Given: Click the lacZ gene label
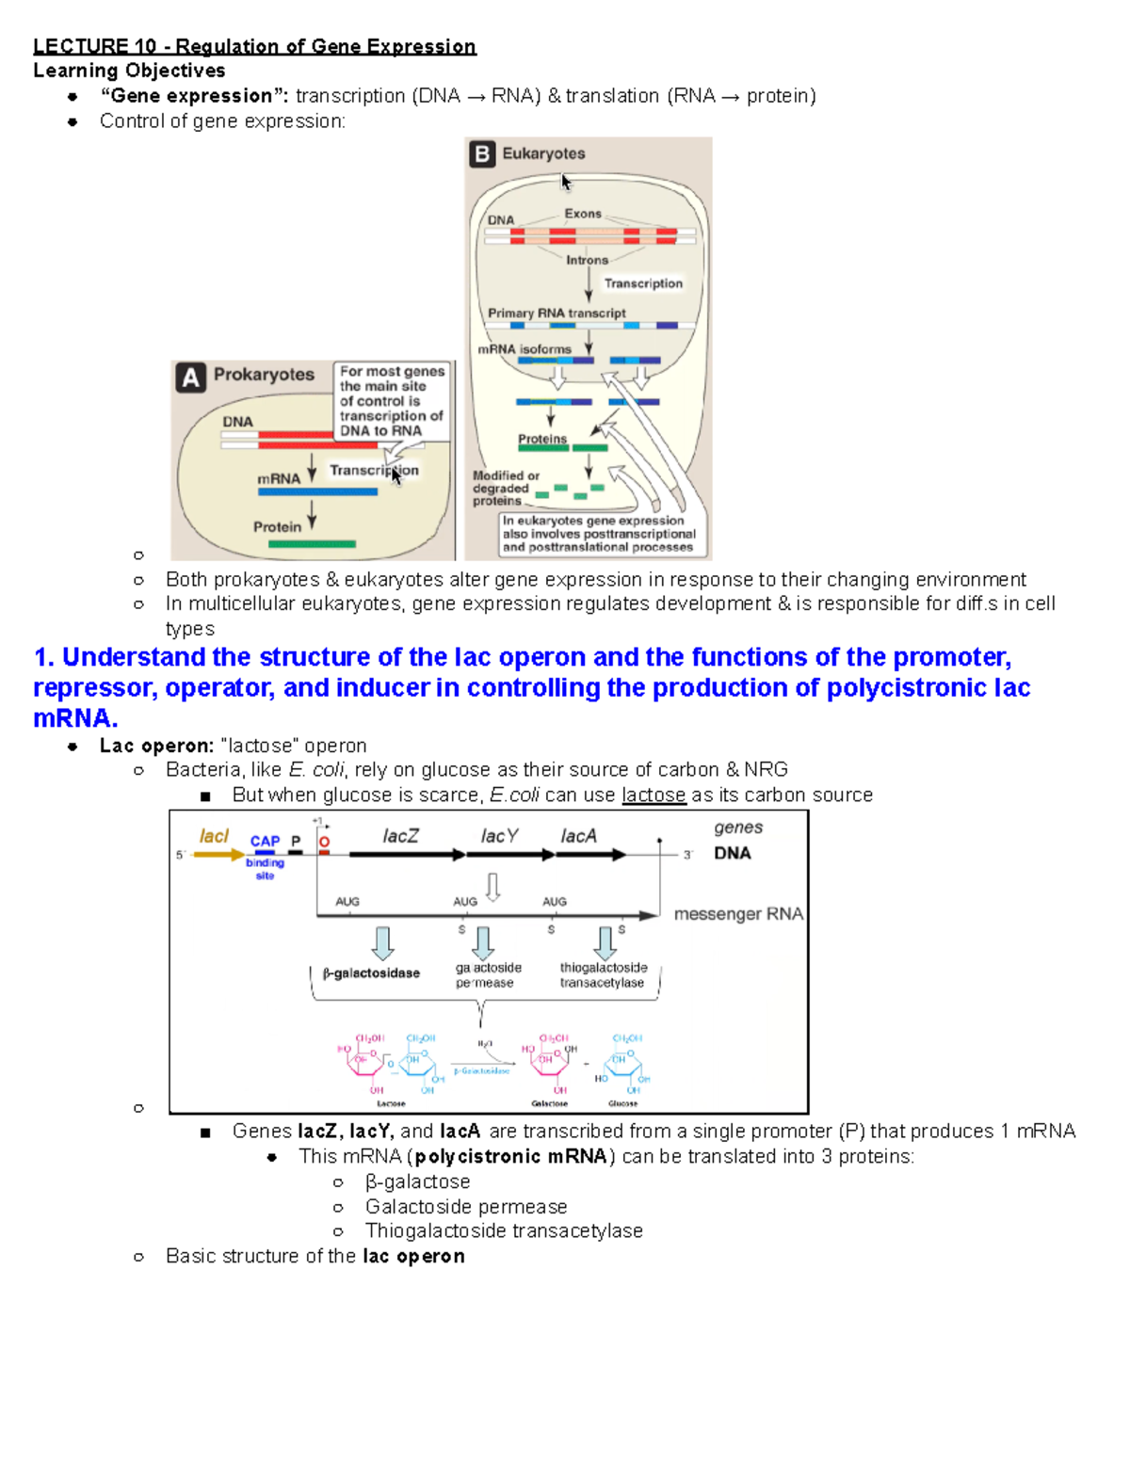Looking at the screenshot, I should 400,836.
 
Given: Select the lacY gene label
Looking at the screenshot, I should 499,836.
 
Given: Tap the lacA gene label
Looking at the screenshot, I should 578,836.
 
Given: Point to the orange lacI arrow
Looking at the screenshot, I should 218,855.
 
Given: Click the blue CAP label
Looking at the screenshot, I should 265,841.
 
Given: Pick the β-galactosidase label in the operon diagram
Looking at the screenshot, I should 371,973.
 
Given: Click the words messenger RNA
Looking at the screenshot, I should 738,914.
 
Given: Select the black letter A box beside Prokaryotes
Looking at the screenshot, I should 190,378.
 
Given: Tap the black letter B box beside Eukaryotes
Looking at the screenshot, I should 482,153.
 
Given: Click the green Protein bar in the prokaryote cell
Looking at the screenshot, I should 312,544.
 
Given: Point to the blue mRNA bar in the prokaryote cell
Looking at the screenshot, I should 317,491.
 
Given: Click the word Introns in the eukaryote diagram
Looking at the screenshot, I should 587,260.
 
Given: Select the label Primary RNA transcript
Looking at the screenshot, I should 557,313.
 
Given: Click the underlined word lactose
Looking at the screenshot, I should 654,795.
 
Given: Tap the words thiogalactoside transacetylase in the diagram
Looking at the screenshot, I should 603,975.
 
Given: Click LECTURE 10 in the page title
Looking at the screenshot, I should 94,46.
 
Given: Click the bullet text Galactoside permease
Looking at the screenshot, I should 466,1207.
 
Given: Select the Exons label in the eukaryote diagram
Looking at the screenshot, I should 583,214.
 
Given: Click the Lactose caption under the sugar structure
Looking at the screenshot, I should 391,1103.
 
